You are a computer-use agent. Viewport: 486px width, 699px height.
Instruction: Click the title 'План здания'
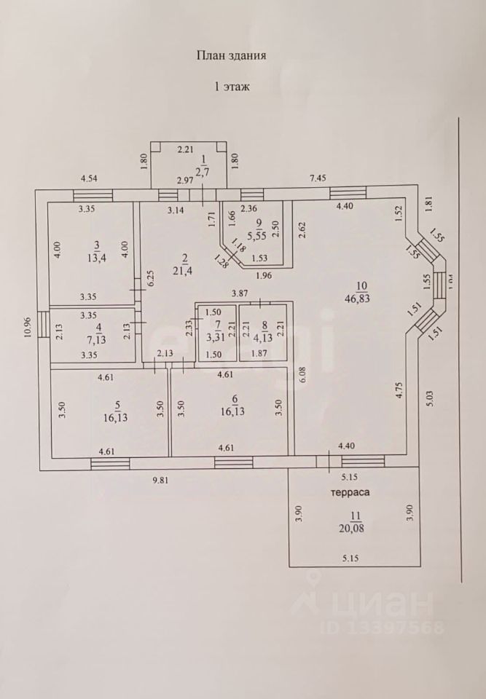pyautogui.click(x=231, y=55)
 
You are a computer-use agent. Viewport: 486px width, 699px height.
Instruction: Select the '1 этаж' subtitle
pyautogui.click(x=231, y=86)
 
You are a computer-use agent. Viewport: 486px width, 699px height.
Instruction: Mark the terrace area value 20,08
pyautogui.click(x=356, y=528)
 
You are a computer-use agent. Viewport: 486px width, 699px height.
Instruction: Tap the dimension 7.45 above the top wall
pyautogui.click(x=319, y=177)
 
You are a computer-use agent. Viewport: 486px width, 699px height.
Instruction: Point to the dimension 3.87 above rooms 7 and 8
pyautogui.click(x=240, y=293)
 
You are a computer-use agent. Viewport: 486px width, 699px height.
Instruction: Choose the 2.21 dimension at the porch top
pyautogui.click(x=187, y=149)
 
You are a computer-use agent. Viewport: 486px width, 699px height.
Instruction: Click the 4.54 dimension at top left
pyautogui.click(x=90, y=177)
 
